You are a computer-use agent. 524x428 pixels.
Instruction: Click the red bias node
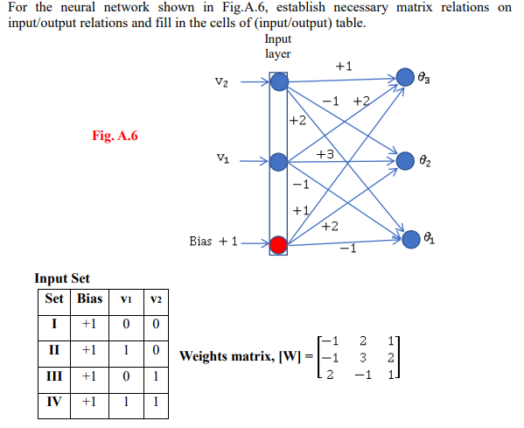coord(278,244)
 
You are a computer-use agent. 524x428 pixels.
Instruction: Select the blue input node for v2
coord(278,82)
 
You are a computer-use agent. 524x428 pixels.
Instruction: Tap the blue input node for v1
coord(278,161)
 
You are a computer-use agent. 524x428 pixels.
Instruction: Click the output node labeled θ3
coord(405,77)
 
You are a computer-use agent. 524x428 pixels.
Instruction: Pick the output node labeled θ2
coord(405,161)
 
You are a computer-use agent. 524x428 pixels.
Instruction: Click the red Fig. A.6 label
coord(115,136)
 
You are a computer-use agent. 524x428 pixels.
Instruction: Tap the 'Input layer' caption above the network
coord(277,46)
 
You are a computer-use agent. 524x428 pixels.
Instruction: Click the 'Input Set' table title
coord(61,278)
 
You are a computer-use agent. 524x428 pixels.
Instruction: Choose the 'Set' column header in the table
coord(55,299)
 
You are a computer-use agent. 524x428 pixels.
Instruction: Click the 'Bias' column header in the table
coord(89,299)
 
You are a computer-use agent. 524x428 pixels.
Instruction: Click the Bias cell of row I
coord(89,326)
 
